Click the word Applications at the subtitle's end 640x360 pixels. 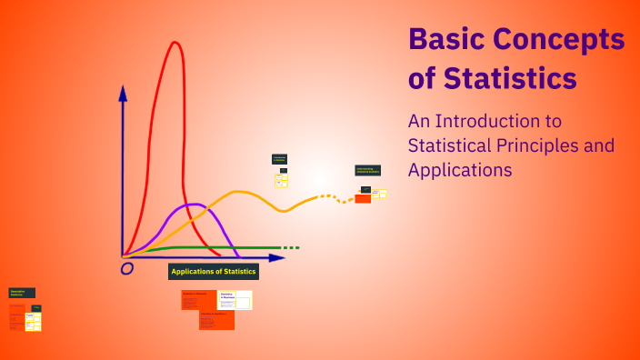tap(460, 169)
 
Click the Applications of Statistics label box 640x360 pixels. tap(214, 271)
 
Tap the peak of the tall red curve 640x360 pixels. tap(173, 42)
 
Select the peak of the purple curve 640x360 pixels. tap(192, 205)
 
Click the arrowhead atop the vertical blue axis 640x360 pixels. tap(123, 92)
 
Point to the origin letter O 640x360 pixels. tap(126, 268)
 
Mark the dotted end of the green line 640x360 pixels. tap(289, 247)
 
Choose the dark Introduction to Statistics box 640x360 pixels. tap(279, 159)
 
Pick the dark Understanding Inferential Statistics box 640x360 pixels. tap(367, 170)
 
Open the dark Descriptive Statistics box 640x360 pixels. tap(22, 293)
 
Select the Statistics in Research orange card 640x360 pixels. tap(199, 299)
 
